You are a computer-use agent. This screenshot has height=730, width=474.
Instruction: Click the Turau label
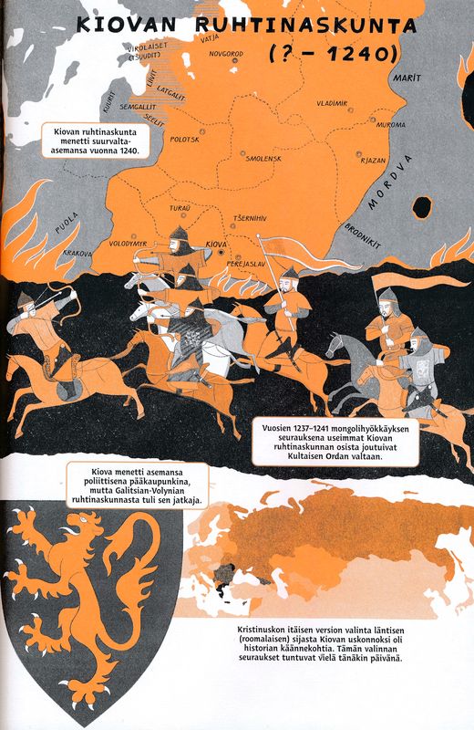[x=180, y=209]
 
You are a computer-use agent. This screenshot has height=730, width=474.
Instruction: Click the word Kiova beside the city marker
[x=217, y=245]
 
